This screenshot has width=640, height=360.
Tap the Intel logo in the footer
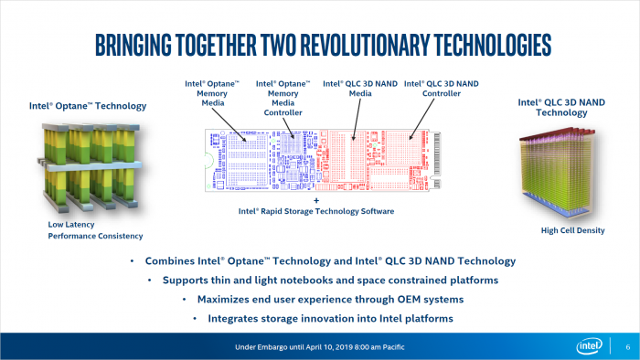coord(589,346)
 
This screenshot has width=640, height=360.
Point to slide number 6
coord(626,347)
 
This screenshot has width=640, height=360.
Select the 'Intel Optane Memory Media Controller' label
coord(276,98)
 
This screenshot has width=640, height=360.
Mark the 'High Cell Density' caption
coord(572,230)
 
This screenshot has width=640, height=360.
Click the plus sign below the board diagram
coord(316,199)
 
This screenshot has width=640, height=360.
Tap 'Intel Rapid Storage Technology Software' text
coord(316,211)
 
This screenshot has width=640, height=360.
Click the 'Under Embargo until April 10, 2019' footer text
coord(319,347)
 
